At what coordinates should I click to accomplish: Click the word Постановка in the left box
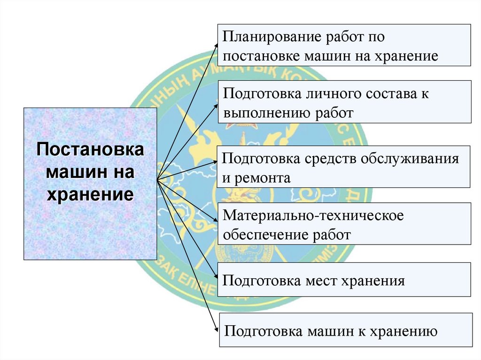90,151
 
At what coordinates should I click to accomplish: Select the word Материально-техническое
314,215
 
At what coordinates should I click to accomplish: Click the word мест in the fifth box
323,281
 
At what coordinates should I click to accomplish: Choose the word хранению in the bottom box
403,331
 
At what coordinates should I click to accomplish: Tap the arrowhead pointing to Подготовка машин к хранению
217,330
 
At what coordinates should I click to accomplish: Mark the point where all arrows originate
157,180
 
